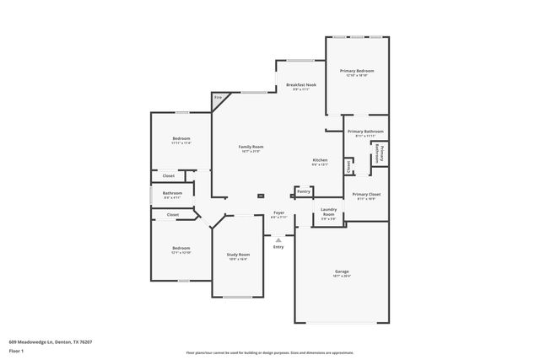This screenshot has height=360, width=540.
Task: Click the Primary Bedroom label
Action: (357, 71)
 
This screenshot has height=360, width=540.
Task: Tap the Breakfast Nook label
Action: (301, 85)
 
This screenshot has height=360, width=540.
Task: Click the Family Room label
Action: (251, 147)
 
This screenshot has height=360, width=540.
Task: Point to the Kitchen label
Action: (320, 160)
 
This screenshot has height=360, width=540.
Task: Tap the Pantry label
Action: (303, 191)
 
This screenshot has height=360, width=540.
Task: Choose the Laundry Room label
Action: (328, 212)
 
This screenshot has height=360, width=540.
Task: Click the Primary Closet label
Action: (366, 194)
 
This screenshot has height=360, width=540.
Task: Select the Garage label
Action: (342, 271)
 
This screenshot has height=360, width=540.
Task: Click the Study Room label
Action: (238, 254)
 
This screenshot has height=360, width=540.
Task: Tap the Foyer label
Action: (278, 212)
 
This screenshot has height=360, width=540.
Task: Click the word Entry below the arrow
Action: (278, 246)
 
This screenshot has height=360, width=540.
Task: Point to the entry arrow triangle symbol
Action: (278, 239)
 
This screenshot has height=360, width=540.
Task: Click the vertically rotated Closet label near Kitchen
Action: (348, 166)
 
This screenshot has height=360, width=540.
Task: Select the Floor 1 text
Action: (15, 350)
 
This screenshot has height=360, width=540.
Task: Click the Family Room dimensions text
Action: (251, 152)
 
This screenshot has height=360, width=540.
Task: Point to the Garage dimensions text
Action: (342, 276)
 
